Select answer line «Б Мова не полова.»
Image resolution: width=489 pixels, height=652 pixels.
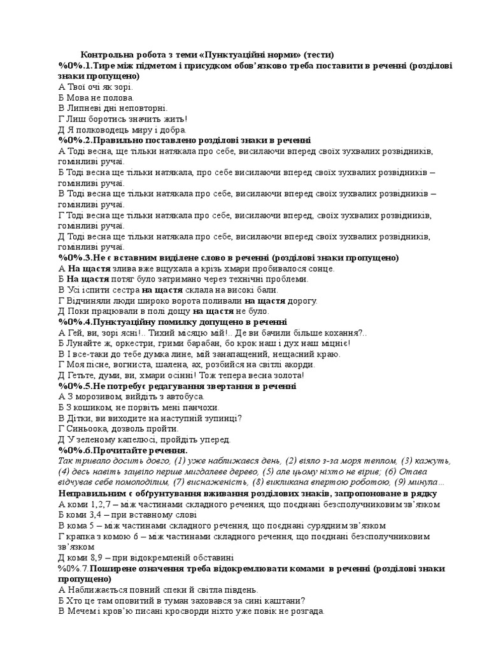click(x=96, y=97)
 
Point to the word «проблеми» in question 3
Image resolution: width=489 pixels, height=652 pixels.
click(x=287, y=279)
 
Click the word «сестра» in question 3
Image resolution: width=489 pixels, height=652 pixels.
click(x=120, y=290)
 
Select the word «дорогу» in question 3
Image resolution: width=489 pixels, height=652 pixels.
click(x=301, y=301)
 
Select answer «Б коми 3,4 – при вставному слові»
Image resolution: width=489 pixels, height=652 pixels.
click(x=127, y=514)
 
